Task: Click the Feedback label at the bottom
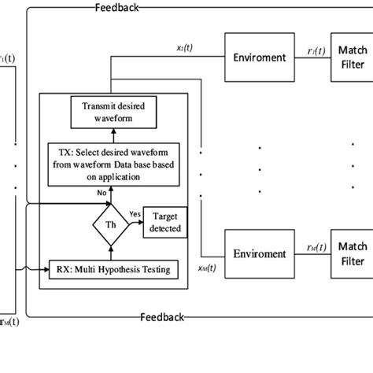tap(162, 317)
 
